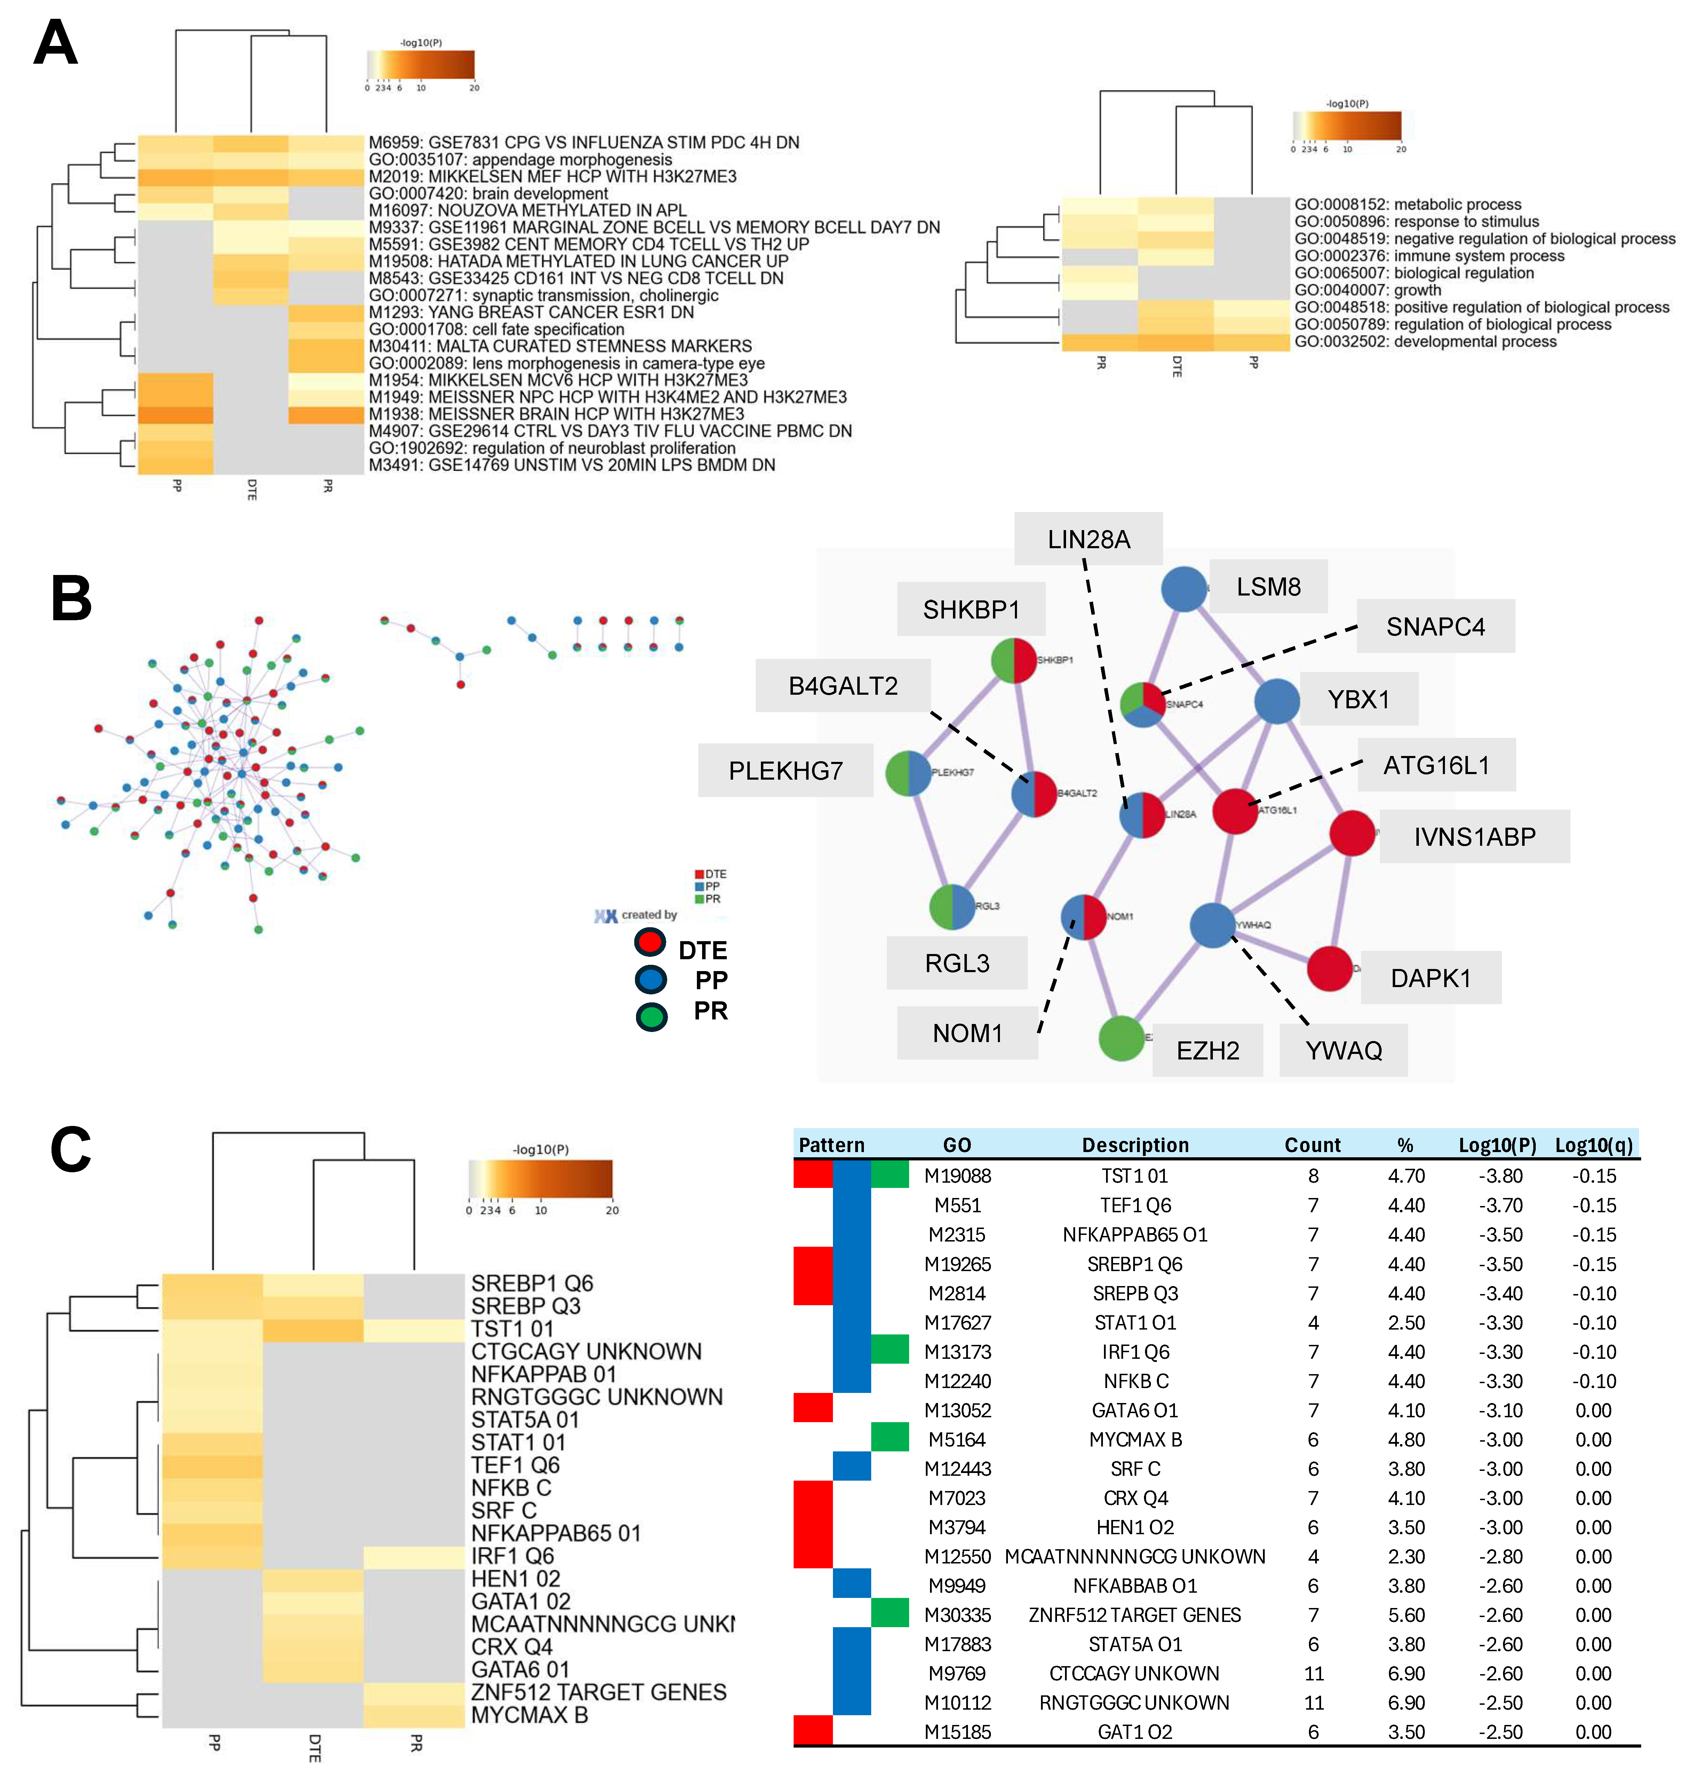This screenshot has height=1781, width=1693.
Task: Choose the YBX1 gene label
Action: [x=1358, y=699]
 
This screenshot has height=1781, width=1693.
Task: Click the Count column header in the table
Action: [x=1312, y=1145]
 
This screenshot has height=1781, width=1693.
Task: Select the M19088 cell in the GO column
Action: [x=957, y=1175]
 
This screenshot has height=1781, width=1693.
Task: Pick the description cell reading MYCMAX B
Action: [x=1135, y=1439]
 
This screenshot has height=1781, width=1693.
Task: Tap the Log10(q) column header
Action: [x=1594, y=1145]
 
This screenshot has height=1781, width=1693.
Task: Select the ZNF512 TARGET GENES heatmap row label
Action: [x=598, y=1692]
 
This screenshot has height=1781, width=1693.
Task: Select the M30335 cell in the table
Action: [x=957, y=1614]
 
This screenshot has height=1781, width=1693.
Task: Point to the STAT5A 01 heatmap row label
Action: [x=525, y=1419]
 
